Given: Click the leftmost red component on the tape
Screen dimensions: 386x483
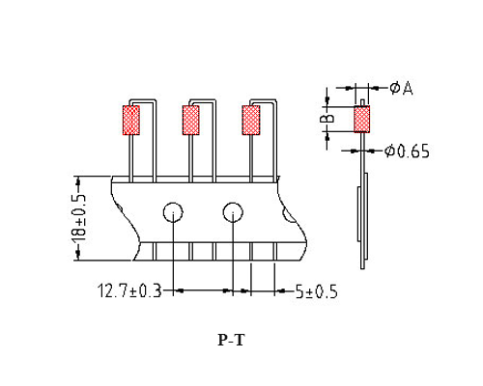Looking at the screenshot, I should coord(129,121).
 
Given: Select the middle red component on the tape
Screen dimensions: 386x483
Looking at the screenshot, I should coord(190,121).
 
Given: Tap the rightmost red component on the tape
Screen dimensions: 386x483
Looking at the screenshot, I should coord(251,121).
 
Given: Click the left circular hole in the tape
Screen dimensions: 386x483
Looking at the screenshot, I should coord(173,212).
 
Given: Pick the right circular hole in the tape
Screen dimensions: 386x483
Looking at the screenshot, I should coord(233,212).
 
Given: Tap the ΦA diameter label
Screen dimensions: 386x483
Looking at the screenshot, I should coord(401,88).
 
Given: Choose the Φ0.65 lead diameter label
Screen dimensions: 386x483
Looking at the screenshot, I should coord(407,152).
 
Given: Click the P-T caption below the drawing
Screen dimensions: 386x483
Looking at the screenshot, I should coord(232,340).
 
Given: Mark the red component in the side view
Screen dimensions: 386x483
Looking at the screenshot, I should coord(363,120).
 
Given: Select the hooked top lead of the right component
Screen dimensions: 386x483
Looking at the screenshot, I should coord(267,100).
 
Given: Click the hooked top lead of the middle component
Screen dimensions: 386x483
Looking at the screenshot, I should coord(206,100).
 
